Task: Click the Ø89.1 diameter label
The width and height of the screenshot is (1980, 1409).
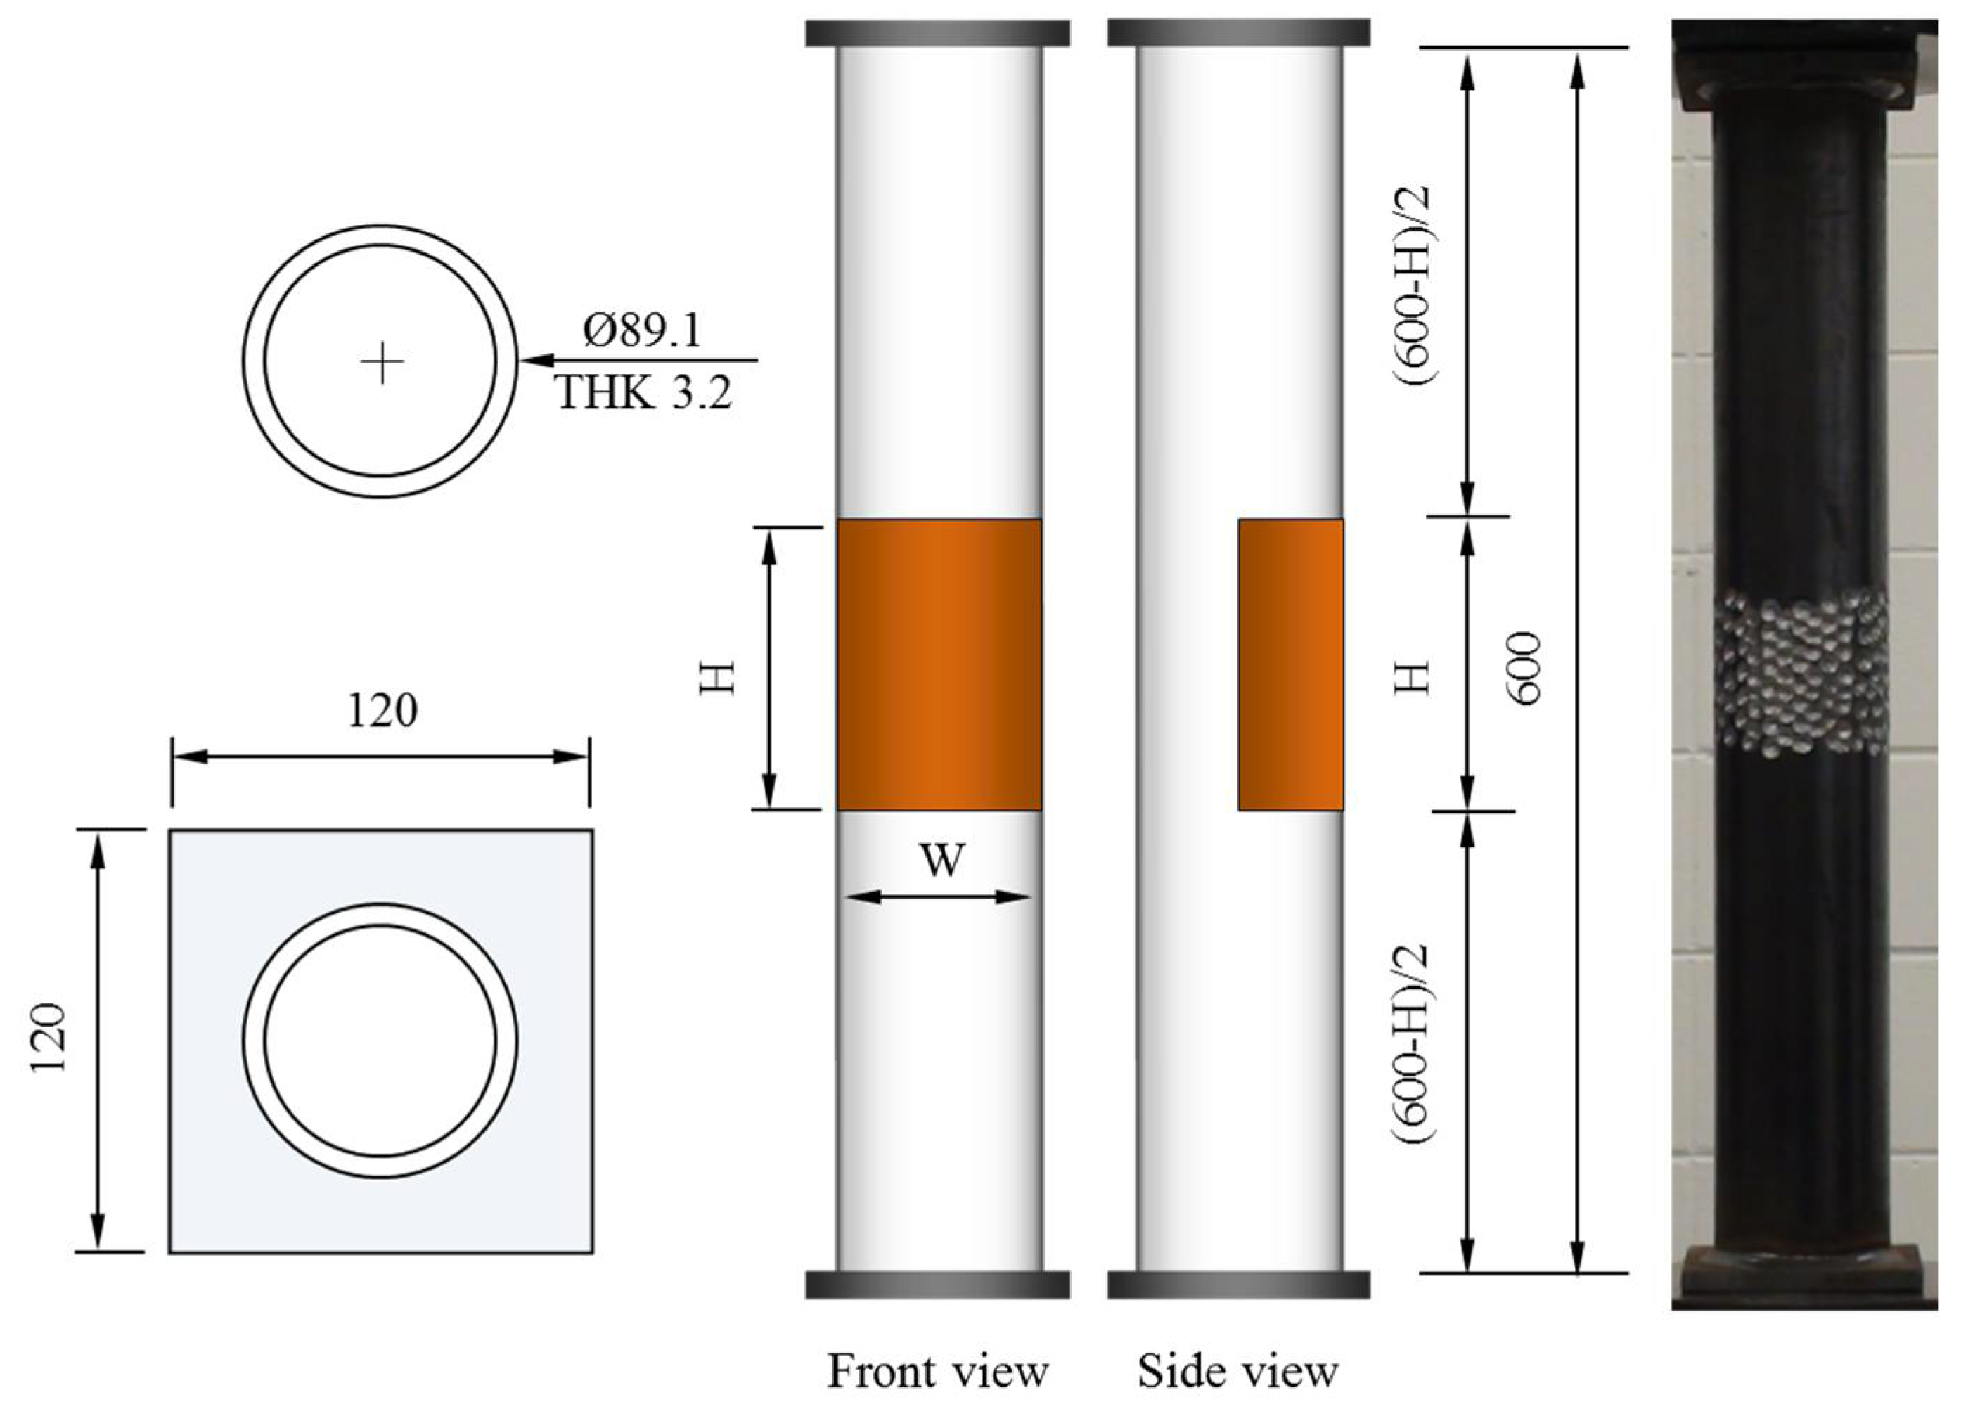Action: (x=641, y=330)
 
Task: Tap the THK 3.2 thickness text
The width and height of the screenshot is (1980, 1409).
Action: (x=643, y=393)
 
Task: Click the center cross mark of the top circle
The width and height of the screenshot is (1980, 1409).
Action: (x=382, y=362)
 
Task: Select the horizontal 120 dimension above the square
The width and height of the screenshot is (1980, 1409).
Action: (x=382, y=712)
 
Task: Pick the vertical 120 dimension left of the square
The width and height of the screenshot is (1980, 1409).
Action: (x=49, y=1038)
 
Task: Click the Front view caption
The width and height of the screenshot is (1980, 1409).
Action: (x=938, y=1371)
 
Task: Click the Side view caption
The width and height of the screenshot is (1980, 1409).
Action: (x=1237, y=1371)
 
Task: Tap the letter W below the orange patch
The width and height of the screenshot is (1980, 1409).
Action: (x=941, y=861)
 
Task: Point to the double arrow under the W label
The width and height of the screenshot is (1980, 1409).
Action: (x=937, y=896)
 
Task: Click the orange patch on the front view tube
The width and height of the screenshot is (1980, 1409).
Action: (x=939, y=664)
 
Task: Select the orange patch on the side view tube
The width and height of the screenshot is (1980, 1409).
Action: (x=1290, y=664)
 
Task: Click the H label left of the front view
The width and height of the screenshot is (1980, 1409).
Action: (x=719, y=678)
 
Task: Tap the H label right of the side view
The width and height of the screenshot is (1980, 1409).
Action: (x=1413, y=678)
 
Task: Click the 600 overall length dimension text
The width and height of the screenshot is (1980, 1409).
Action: (x=1524, y=668)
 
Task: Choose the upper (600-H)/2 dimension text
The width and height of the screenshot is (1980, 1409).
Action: (x=1413, y=286)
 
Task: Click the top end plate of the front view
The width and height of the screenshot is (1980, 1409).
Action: (x=937, y=34)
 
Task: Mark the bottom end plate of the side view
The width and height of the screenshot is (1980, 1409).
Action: (x=1238, y=1285)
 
